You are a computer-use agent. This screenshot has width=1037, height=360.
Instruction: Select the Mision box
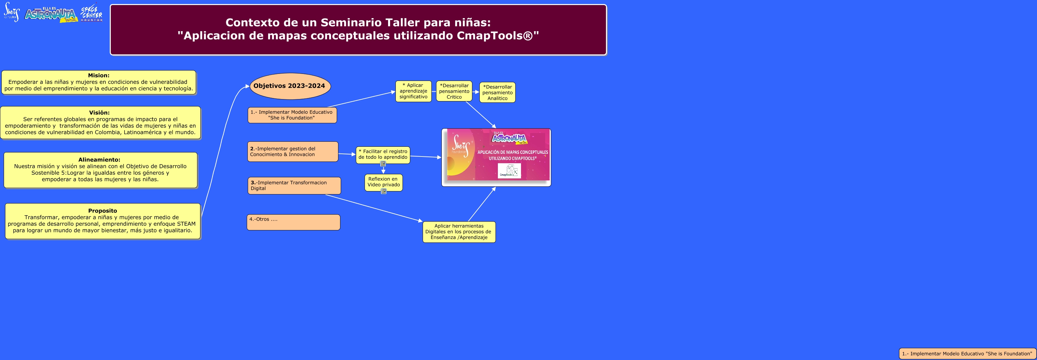(99, 82)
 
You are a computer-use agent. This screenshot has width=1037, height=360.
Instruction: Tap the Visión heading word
(99, 113)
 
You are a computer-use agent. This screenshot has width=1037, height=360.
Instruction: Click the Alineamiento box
(101, 170)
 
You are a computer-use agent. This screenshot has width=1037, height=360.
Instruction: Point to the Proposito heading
(103, 211)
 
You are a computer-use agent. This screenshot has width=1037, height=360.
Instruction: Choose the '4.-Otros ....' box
(293, 222)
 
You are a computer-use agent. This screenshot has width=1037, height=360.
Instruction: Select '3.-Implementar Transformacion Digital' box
(294, 186)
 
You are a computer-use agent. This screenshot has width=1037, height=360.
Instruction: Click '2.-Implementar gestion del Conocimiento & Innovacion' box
(293, 151)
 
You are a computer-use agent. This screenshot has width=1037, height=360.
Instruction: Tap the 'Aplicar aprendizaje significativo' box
(414, 91)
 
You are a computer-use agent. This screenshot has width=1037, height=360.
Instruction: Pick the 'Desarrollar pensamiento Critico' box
(454, 91)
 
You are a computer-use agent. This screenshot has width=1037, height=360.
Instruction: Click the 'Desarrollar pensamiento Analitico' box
(498, 92)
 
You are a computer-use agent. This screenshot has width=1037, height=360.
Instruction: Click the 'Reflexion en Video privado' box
(384, 182)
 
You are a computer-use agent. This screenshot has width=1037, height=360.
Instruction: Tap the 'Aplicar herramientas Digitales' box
(459, 232)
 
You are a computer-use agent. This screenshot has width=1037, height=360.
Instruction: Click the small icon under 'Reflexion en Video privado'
(384, 191)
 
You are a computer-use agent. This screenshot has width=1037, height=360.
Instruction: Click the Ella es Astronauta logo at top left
(51, 14)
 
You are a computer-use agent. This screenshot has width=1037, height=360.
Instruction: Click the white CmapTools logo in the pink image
(509, 171)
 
